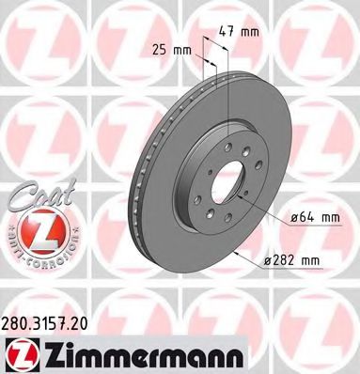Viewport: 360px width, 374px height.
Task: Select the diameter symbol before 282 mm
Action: tap(266, 257)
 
